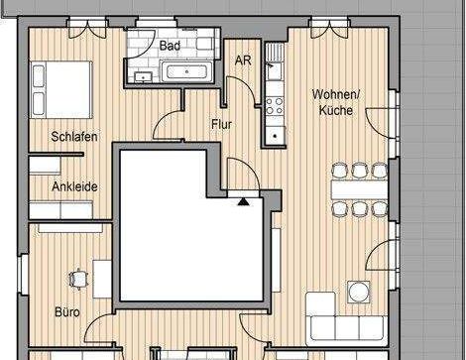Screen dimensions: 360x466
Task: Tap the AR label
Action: [x=243, y=60]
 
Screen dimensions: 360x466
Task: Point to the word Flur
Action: [x=222, y=124]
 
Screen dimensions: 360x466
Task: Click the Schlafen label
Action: [x=74, y=136]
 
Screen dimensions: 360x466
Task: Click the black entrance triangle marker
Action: [x=242, y=200]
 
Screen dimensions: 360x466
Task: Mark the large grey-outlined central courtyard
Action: [x=188, y=223]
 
